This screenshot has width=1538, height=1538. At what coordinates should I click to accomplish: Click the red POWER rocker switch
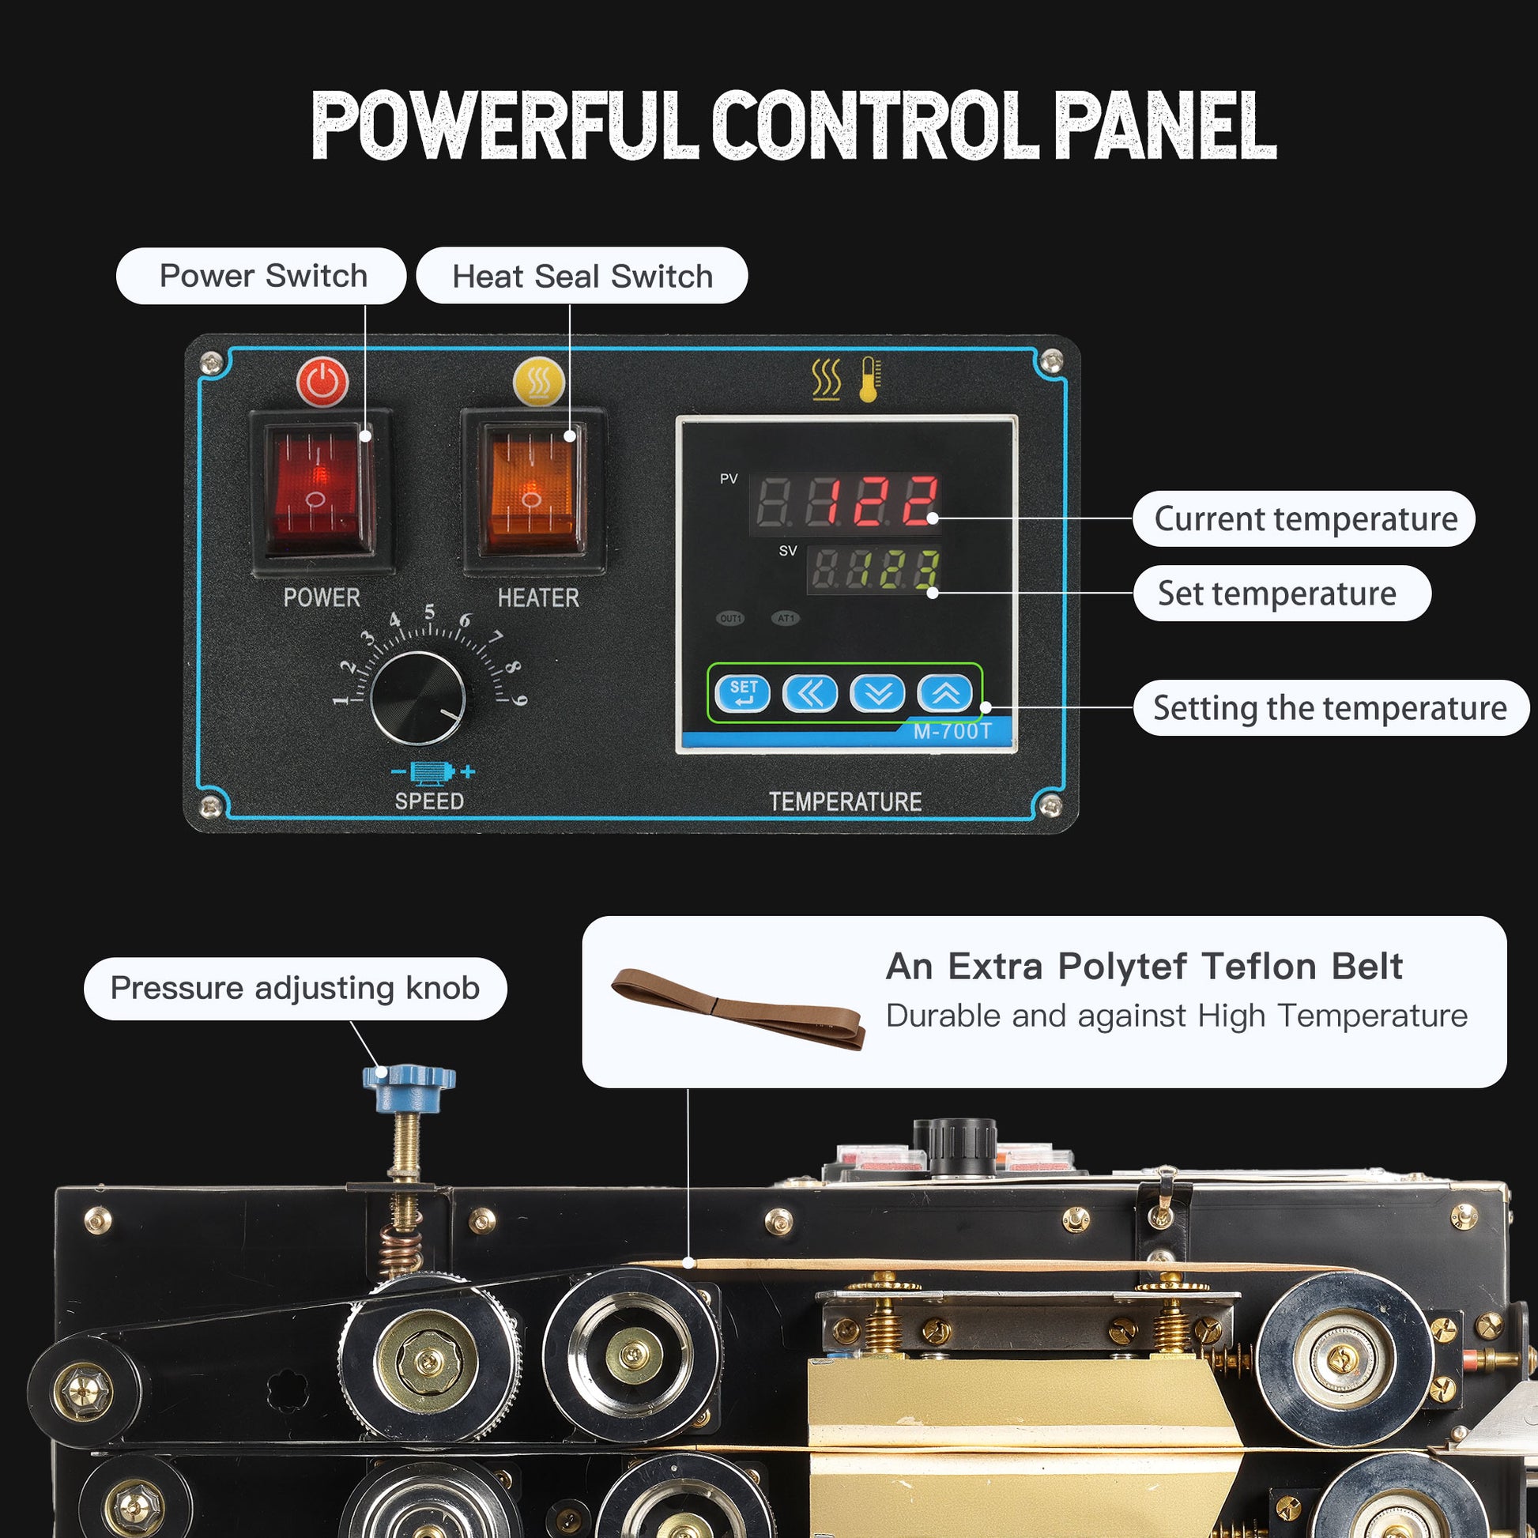pos(319,488)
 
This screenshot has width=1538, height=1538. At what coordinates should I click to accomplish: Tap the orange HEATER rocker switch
pos(531,488)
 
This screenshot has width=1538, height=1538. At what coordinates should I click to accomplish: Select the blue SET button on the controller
pos(742,692)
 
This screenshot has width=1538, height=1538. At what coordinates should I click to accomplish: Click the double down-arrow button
pos(877,692)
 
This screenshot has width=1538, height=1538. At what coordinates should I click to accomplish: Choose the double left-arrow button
pos(809,692)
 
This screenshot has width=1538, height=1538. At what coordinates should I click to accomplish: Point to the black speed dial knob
pos(418,698)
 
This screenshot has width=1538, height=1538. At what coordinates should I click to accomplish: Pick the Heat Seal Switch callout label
pos(582,276)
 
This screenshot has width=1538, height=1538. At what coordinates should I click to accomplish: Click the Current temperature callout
pos(1304,518)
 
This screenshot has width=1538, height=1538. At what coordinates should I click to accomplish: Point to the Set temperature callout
pos(1282,593)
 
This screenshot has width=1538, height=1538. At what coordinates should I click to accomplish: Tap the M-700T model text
pos(952,732)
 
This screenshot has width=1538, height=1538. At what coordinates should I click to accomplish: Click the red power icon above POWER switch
pos(322,383)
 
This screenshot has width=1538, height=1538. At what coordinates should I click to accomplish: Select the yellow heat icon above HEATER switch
pos(539,381)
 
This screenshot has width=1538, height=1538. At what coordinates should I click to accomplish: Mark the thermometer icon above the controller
pos(870,379)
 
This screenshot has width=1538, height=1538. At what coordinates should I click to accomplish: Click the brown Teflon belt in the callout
pos(738,1009)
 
